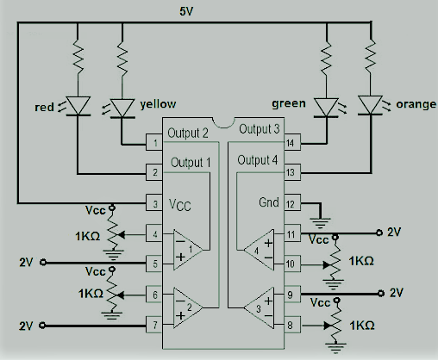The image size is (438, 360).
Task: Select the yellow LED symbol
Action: point(122,109)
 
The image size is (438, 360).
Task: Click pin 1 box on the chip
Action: point(154,142)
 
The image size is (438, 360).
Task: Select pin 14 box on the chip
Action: point(292,142)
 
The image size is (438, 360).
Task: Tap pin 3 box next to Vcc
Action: point(154,203)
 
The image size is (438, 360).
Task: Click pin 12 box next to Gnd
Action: point(292,203)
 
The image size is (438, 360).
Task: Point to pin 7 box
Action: point(154,325)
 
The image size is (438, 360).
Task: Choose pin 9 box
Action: point(292,294)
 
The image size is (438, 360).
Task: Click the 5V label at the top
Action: point(186,11)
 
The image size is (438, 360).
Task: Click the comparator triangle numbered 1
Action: point(188,250)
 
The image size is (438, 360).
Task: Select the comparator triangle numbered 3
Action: point(259,308)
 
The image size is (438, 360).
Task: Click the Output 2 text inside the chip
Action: point(188,133)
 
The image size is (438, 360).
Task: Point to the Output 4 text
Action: point(258,160)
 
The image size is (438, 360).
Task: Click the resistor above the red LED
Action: point(78,56)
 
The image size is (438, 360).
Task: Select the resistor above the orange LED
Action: point(371,56)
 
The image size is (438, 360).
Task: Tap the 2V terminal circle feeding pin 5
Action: point(43,262)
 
